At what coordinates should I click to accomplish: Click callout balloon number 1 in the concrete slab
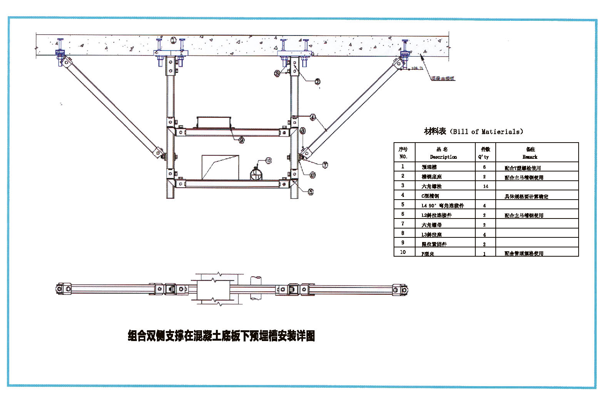click(173, 40)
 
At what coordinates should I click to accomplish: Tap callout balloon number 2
click(317, 81)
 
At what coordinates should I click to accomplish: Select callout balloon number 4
click(313, 117)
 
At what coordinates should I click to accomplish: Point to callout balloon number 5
click(310, 192)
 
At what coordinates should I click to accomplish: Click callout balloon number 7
click(325, 165)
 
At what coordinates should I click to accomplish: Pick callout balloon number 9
click(241, 140)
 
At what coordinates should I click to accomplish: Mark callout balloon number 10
click(268, 160)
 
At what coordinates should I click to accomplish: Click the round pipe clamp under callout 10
click(256, 175)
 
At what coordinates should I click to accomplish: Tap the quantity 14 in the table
click(485, 186)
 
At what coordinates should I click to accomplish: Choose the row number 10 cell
click(403, 252)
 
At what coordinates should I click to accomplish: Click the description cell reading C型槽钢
click(430, 196)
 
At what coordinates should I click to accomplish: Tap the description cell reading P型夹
click(428, 254)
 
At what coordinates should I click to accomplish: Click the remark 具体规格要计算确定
click(526, 197)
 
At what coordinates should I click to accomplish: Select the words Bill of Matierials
click(487, 132)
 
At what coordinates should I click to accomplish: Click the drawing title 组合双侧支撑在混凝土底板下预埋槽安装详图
click(221, 336)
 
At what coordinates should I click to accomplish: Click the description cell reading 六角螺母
click(431, 225)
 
